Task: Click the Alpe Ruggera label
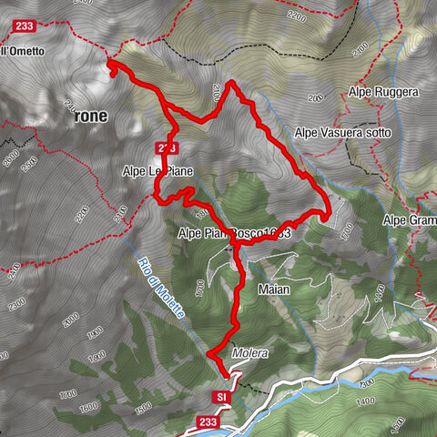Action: (382, 92)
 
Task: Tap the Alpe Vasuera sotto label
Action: (342, 133)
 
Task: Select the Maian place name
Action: (273, 290)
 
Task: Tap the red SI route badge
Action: (221, 397)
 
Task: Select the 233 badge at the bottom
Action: (207, 422)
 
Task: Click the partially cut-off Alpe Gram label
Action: (409, 220)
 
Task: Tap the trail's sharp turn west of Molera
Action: (208, 352)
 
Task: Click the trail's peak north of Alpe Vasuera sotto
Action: (230, 83)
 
